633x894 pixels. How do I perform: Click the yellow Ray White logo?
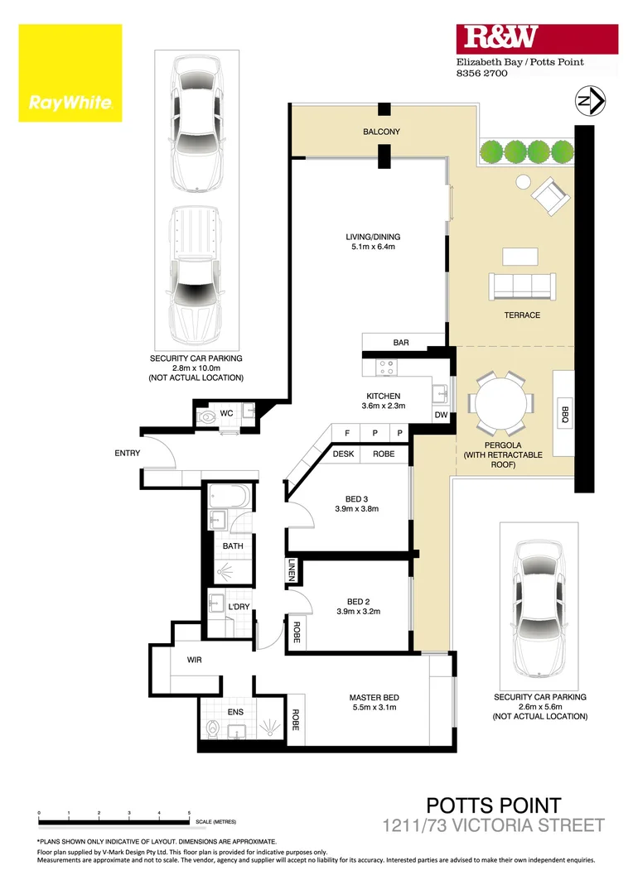tap(70, 73)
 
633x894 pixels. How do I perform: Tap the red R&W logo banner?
tap(537, 38)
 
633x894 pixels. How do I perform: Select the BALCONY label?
tap(381, 132)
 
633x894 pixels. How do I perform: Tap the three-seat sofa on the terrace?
tap(524, 286)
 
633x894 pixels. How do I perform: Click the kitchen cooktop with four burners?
tap(387, 364)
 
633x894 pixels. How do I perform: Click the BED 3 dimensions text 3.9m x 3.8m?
tap(356, 509)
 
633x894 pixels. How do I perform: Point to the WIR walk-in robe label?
tap(194, 660)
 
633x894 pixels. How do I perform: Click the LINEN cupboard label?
tap(292, 570)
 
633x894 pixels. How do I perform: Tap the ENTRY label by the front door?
tap(128, 453)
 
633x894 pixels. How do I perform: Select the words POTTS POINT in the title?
tap(494, 805)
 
